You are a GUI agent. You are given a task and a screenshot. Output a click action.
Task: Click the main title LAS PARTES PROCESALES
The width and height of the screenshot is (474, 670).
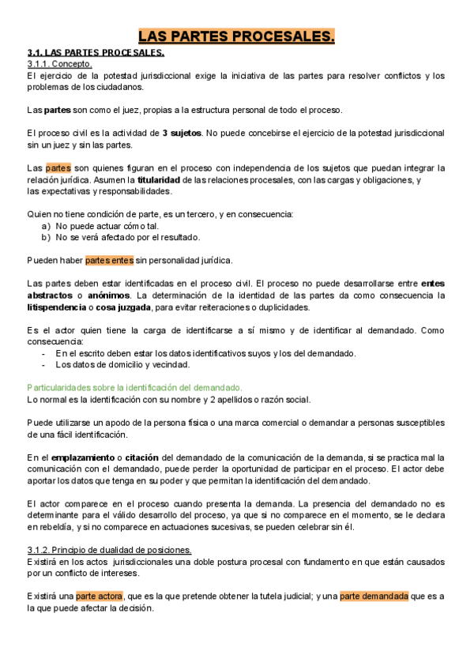pos(237,36)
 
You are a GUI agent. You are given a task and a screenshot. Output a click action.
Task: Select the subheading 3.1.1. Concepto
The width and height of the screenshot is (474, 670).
pos(59,64)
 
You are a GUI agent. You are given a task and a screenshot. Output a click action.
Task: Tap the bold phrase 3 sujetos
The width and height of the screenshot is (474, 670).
pos(182,133)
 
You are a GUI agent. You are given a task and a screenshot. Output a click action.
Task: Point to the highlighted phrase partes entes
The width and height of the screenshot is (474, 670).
pos(109,260)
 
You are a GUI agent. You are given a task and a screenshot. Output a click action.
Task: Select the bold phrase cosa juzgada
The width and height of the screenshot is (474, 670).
pos(122,307)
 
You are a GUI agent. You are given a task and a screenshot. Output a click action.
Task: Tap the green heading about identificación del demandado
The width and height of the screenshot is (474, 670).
pos(134,388)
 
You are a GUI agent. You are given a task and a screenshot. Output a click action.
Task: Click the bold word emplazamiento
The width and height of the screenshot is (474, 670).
pos(82,457)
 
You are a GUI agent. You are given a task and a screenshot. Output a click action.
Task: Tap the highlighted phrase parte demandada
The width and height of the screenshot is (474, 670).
pos(374,597)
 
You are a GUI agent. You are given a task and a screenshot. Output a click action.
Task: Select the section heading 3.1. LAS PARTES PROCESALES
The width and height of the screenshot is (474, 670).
pos(96,53)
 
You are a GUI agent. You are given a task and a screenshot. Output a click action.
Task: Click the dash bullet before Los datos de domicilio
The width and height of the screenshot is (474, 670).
pos(46,365)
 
